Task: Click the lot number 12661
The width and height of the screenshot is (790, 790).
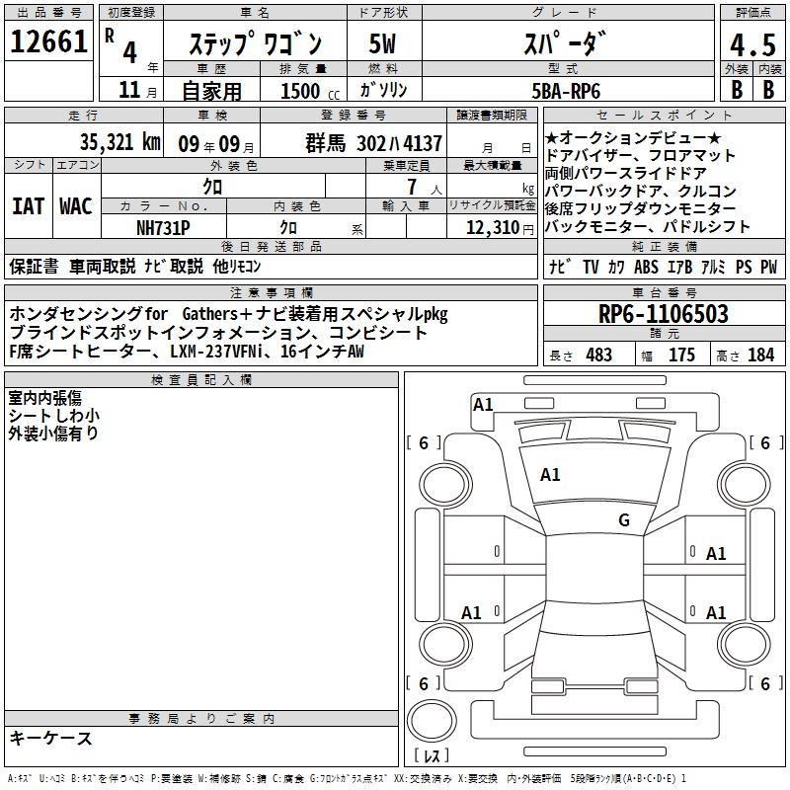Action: tap(49, 42)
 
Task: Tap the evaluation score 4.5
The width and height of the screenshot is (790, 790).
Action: tap(751, 45)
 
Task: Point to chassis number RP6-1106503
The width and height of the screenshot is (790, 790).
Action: tap(664, 315)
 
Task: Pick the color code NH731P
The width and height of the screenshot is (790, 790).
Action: tap(163, 227)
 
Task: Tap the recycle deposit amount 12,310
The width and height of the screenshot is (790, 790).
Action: tap(487, 228)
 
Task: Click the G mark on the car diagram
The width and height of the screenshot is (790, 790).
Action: tap(624, 520)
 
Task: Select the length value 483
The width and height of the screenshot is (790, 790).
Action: tap(598, 355)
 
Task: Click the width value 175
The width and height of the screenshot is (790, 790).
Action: tap(681, 355)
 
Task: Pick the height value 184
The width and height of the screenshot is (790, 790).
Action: tap(760, 355)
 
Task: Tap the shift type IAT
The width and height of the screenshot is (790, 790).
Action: tap(28, 206)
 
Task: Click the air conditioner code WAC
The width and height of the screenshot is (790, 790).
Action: tap(76, 206)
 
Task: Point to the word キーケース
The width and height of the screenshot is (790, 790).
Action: tap(51, 738)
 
